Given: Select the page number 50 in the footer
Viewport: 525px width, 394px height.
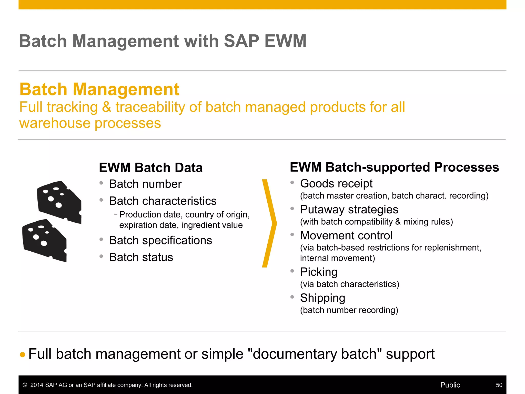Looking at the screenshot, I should tap(499, 385).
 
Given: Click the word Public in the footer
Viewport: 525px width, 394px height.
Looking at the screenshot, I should tap(450, 385).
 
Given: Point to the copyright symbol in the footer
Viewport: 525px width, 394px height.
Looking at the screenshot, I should tap(25, 385).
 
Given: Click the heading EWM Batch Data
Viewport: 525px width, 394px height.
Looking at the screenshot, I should tap(151, 168).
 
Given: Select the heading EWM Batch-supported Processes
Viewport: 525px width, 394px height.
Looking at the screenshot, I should tap(394, 167).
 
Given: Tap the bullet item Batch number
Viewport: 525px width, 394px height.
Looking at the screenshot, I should tap(145, 184).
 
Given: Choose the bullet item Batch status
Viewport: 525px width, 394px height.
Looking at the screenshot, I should tap(141, 257).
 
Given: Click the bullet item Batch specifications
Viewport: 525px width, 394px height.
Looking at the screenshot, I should tap(160, 240).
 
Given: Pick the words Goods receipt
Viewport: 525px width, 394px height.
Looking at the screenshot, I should tap(336, 184).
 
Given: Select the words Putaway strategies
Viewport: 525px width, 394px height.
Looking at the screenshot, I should tap(349, 210).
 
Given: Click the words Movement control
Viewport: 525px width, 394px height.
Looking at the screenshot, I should tap(346, 235).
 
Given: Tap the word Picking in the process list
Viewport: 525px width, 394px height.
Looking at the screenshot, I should tap(319, 272).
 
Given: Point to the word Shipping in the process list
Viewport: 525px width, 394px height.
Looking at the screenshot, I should tap(322, 298).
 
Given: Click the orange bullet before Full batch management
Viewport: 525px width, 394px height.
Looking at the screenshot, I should tap(23, 355).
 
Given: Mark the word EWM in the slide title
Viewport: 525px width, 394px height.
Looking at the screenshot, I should tap(285, 41).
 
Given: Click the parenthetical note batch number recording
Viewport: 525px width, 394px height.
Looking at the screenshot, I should tap(349, 310).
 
